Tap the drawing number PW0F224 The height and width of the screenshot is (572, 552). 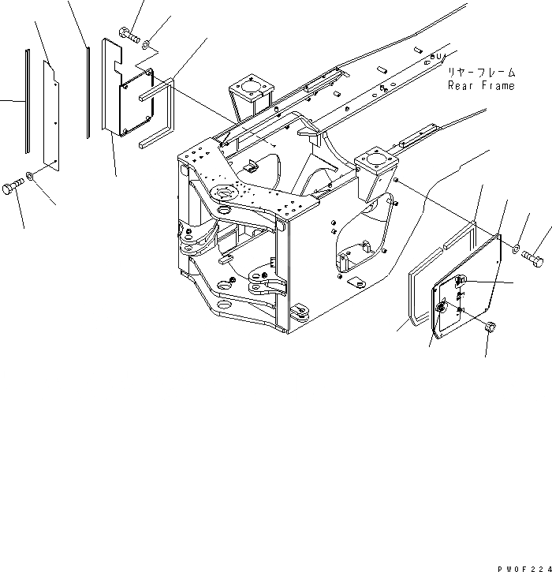point(523,566)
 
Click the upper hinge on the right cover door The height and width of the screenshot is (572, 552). point(462,282)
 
